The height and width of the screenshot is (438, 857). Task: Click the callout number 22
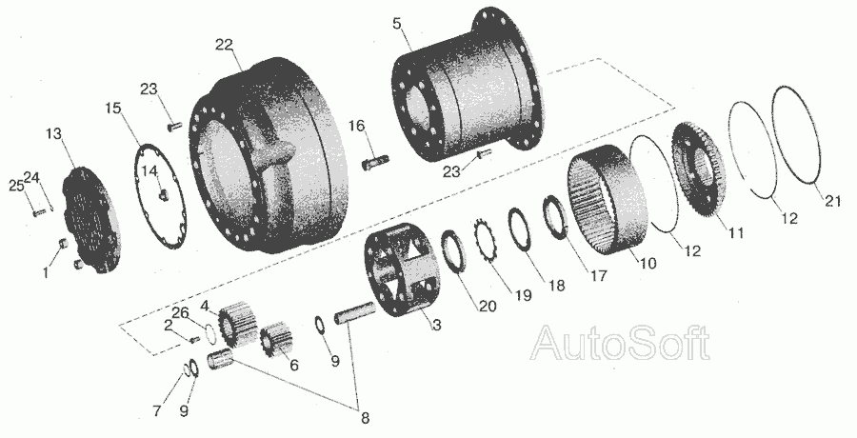point(224,45)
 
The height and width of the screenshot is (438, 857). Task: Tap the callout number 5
point(397,24)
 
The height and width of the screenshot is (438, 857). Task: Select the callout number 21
point(832,201)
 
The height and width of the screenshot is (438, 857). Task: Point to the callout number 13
point(53,134)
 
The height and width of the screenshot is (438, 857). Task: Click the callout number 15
point(113,109)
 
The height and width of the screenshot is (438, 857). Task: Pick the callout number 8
point(365,419)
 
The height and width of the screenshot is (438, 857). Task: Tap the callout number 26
point(180,312)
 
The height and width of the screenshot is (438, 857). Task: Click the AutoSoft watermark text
point(621,343)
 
